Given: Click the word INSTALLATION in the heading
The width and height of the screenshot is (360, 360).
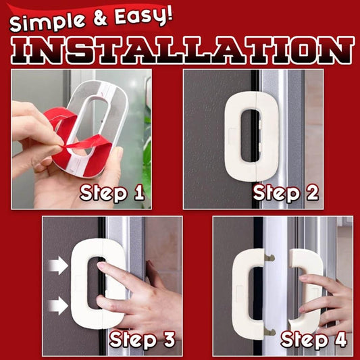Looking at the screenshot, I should [x=180, y=50].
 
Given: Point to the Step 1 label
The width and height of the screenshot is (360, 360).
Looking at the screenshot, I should [x=112, y=193].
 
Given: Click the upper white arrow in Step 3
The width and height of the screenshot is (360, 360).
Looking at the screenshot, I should [x=59, y=265].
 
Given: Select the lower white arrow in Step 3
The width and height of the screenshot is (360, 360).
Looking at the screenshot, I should [x=59, y=306].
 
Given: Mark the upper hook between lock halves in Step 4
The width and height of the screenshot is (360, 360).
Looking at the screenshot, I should [x=269, y=257].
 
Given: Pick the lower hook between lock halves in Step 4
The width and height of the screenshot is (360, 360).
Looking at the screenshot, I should [x=269, y=330].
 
